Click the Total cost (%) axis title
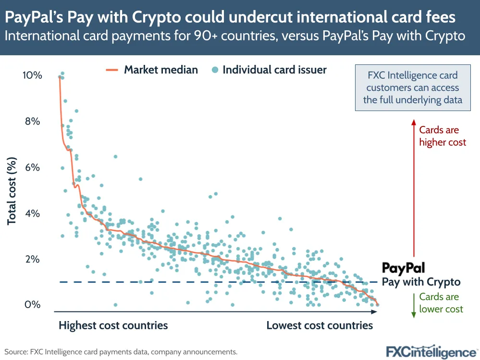coord(12,191)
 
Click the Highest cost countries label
coord(113,325)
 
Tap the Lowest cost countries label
coord(320,325)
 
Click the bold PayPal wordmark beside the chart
coord(403,269)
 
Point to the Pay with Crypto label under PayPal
coord(421,282)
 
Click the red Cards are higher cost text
coord(442,136)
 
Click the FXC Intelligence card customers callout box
coord(412,87)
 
